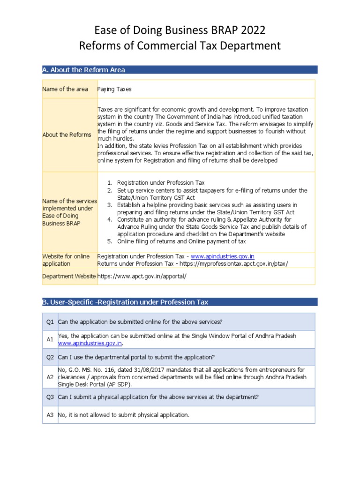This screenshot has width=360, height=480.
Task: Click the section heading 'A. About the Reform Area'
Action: [83, 70]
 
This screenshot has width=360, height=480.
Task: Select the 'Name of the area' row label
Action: [65, 89]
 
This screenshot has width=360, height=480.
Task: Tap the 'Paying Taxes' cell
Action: [114, 89]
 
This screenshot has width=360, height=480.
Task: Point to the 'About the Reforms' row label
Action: [67, 135]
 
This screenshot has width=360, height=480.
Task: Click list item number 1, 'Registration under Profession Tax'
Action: [161, 182]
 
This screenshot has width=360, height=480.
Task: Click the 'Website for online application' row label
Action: [66, 260]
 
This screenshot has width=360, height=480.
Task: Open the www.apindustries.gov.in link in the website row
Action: [223, 256]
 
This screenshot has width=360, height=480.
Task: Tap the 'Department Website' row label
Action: [69, 276]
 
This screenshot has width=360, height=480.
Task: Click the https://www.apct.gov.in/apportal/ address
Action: [142, 276]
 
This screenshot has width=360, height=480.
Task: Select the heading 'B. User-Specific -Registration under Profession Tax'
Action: [126, 302]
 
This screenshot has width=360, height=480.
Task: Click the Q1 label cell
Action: [50, 322]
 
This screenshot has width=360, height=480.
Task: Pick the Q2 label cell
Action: [50, 357]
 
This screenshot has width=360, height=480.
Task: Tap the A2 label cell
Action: [50, 377]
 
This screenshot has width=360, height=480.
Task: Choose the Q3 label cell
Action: [50, 397]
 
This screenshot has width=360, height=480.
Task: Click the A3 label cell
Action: [50, 415]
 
